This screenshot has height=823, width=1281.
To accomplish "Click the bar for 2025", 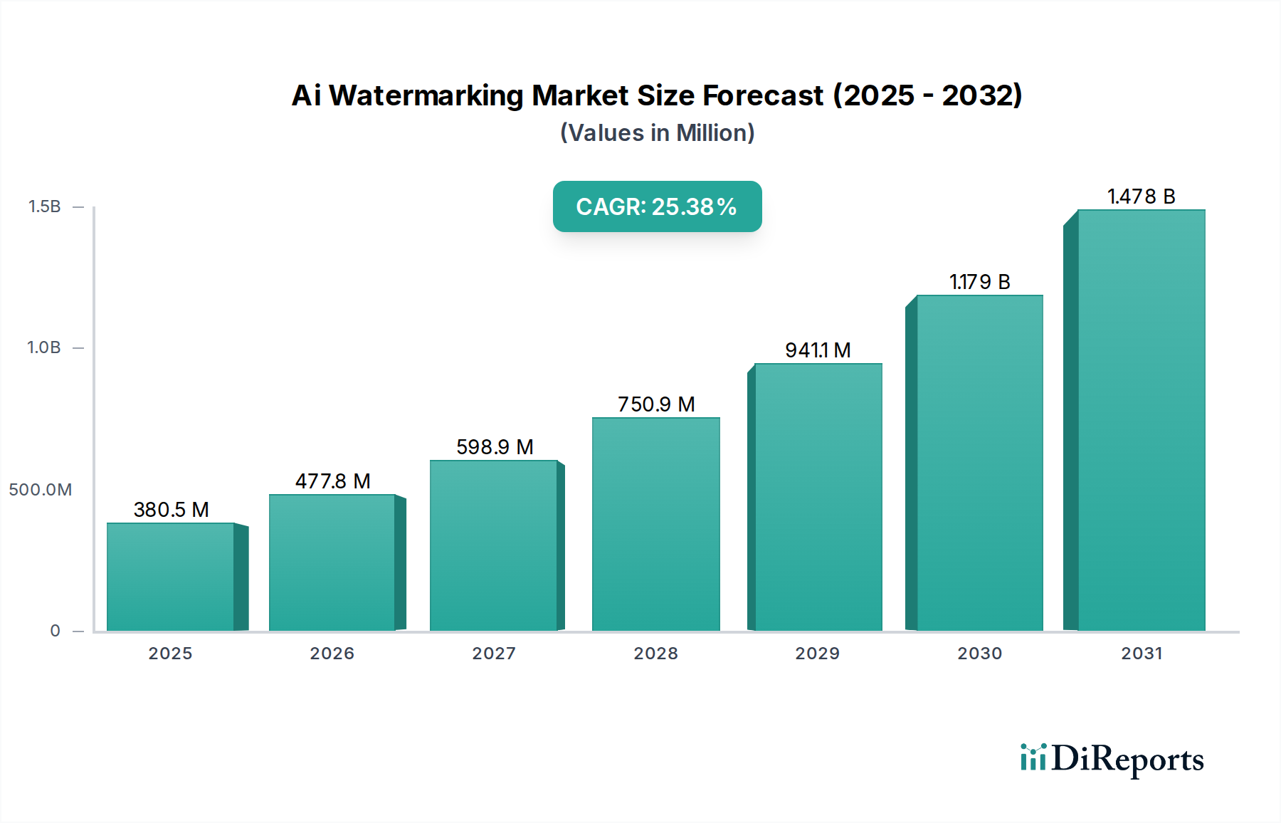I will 171,577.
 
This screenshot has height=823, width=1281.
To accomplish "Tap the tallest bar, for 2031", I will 1141,420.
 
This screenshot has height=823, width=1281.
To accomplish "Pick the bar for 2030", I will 979,463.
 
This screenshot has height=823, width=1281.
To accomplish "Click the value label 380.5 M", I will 171,510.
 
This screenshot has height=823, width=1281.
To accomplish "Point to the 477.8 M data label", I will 332,481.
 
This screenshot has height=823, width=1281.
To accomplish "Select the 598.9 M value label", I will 495,447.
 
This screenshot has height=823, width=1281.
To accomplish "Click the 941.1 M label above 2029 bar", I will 818,350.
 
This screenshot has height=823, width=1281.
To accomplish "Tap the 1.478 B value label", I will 1141,196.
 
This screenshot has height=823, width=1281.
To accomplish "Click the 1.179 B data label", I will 979,282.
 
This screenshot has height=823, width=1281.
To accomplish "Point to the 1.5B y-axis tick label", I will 44,206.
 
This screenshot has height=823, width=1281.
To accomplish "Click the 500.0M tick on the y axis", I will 40,490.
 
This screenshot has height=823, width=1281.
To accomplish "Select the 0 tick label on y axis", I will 55,631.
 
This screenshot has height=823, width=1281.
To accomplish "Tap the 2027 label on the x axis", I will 494,654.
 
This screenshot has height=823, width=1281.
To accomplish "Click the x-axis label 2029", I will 817,654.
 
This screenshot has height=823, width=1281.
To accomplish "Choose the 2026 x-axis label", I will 332,654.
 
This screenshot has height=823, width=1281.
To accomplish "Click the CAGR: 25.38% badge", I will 657,206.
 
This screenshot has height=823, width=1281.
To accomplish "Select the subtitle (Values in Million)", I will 657,133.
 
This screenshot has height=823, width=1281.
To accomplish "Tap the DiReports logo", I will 1112,759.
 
